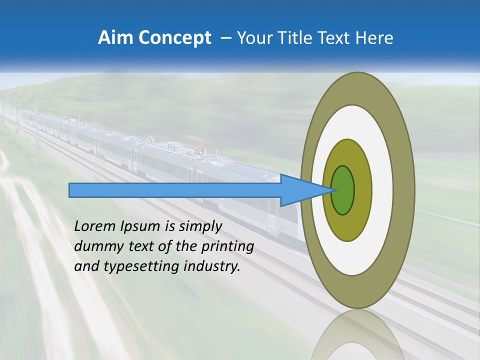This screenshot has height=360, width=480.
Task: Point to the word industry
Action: pyautogui.click(x=212, y=266)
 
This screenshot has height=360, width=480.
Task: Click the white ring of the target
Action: pyautogui.click(x=382, y=190)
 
